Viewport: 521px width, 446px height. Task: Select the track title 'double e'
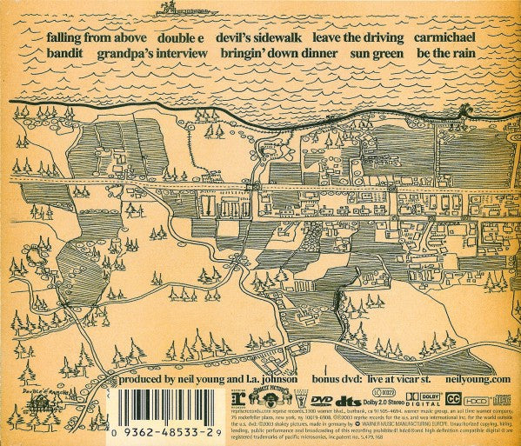click(183, 38)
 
